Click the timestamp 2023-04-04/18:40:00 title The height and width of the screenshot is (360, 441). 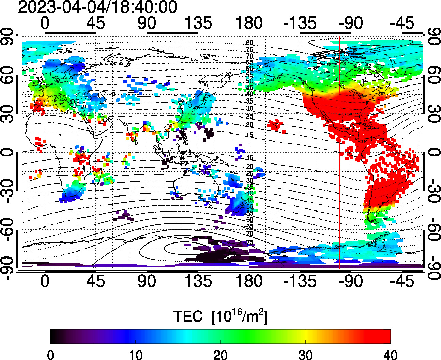tap(97, 7)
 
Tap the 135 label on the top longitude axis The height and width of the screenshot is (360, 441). tap(198, 24)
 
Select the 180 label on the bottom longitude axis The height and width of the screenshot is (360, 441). tap(249, 281)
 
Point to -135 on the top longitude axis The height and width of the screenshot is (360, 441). tap(300, 24)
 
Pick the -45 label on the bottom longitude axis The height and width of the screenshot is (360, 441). tap(402, 281)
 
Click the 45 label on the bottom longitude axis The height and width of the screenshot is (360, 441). tap(96, 281)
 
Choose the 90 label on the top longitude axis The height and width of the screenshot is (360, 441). tap(147, 24)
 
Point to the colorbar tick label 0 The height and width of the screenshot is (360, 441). tap(51, 355)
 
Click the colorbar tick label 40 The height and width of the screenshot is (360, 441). tap(390, 355)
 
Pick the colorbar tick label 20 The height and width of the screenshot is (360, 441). tap(220, 355)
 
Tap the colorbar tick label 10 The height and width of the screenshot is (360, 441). tap(136, 355)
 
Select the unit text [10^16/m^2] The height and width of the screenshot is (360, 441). tap(239, 316)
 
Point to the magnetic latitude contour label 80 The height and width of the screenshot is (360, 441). tap(249, 43)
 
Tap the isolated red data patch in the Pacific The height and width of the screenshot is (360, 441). tap(275, 125)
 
